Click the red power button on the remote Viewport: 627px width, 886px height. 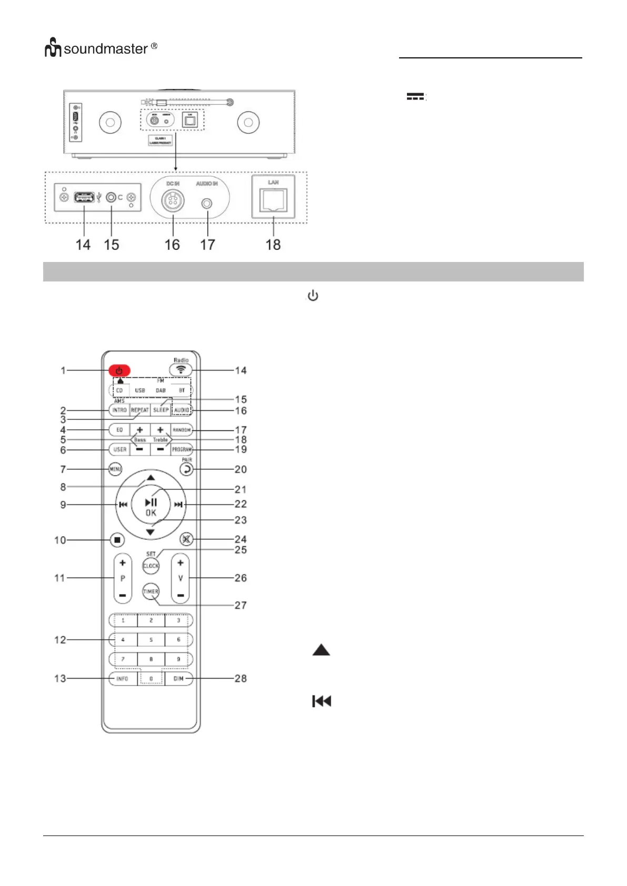coord(120,371)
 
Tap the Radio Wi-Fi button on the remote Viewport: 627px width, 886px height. coord(181,370)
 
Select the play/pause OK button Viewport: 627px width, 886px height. coord(151,507)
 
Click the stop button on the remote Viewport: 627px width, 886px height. coord(117,540)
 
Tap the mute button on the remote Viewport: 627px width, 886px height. coord(186,539)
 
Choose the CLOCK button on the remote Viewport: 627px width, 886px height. coord(151,566)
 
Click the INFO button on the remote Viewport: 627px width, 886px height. coord(122,679)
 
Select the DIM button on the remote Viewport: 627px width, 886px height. coord(178,679)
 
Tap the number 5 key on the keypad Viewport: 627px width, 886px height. coord(151,640)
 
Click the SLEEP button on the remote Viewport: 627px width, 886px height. coord(161,410)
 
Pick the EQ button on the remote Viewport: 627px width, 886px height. coord(120,430)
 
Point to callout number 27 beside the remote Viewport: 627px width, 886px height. coord(241,606)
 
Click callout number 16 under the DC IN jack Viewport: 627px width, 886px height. coord(172,245)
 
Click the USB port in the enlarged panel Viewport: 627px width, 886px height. coord(84,198)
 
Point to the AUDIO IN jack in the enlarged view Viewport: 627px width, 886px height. coord(207,203)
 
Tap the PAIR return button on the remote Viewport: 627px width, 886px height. coord(186,469)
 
